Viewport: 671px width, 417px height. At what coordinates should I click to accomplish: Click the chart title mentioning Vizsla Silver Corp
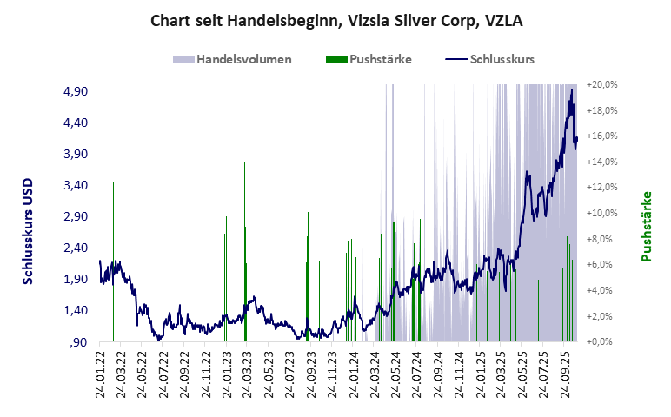(335, 20)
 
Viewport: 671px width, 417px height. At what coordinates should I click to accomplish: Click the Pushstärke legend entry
(369, 59)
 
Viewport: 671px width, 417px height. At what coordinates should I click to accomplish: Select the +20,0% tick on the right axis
(602, 84)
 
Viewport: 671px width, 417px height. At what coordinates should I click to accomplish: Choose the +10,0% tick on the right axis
(602, 213)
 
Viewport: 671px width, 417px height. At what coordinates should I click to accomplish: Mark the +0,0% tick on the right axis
(602, 341)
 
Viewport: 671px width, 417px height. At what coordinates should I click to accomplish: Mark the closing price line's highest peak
(572, 89)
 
